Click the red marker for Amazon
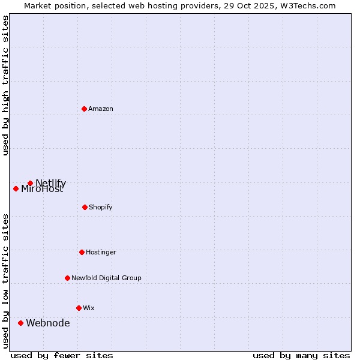[85, 109]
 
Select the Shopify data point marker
[85, 207]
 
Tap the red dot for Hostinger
[82, 252]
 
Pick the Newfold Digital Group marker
[67, 278]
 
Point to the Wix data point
[79, 308]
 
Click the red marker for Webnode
[20, 323]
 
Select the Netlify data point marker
[30, 183]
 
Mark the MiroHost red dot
[16, 188]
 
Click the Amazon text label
[101, 109]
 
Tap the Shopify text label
[101, 207]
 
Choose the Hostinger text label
[101, 252]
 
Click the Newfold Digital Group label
[106, 278]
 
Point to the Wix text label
[89, 308]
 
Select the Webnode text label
[48, 323]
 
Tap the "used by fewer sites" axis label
[62, 355]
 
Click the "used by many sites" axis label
[301, 355]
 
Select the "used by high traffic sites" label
[6, 85]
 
